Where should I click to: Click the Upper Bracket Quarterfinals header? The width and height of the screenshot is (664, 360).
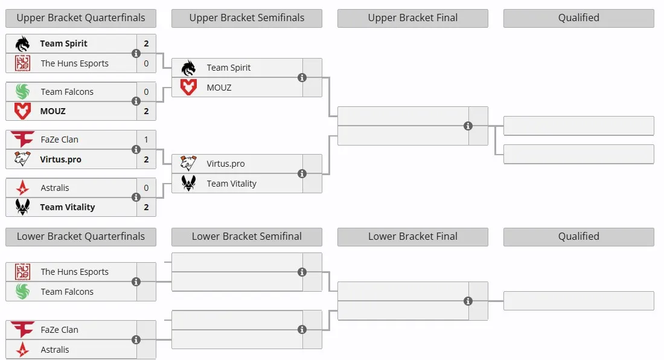point(80,18)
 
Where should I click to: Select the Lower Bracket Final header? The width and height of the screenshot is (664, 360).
point(412,236)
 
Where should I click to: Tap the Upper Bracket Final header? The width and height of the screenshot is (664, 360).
point(412,18)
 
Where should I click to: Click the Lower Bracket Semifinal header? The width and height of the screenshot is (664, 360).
point(246,236)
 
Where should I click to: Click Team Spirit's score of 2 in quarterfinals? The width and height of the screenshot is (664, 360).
point(146,43)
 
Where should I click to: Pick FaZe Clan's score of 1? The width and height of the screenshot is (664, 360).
point(146,140)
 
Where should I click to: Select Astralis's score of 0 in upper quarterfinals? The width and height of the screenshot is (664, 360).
point(146,188)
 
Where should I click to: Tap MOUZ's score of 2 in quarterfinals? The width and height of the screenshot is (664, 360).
point(146,111)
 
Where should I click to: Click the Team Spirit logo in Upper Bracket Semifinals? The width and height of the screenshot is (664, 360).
point(188,68)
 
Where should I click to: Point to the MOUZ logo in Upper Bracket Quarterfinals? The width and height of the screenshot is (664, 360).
point(22,111)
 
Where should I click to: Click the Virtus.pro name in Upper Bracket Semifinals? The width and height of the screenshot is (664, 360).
point(226,164)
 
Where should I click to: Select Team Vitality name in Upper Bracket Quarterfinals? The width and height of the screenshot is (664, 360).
point(68,207)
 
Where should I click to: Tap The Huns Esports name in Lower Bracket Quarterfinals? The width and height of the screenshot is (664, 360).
point(74,272)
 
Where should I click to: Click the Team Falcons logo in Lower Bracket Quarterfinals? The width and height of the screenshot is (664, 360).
point(22,291)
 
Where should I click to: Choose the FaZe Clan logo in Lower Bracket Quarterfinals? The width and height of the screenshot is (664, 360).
point(22,329)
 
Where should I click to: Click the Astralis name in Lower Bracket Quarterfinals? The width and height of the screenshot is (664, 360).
point(54,350)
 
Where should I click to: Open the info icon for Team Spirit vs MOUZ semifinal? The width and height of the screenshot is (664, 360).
point(302,77)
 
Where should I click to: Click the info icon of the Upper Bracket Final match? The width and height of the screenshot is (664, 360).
point(468,126)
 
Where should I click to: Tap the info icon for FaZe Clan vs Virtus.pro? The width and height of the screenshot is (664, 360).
point(136,150)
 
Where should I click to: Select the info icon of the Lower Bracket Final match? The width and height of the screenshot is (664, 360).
point(468,301)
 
